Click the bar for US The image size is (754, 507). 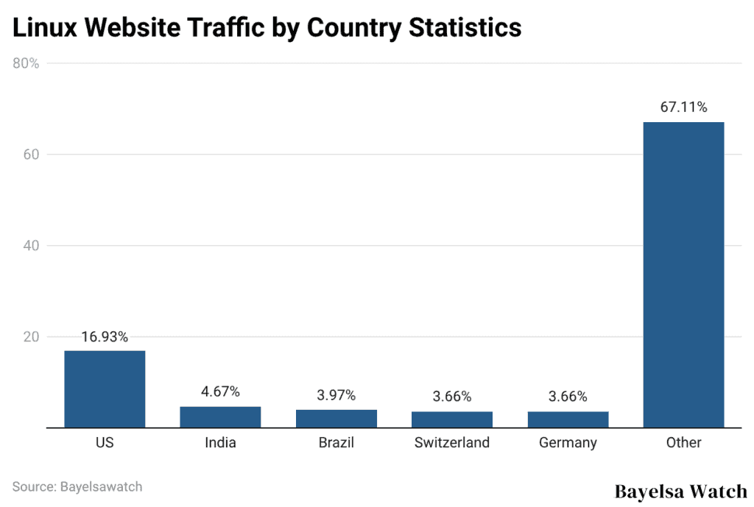pos(105,389)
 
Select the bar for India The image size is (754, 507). pos(220,416)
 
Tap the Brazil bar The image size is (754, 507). pos(336,418)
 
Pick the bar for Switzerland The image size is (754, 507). pos(451,419)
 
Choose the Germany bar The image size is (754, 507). pos(568,419)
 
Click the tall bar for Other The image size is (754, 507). pos(683,274)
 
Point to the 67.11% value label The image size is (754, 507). pos(683,107)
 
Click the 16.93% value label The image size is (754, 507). pos(105,337)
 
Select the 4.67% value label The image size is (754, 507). pos(220,392)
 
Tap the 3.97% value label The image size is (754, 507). pos(336,396)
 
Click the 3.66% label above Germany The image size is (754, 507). pos(568,397)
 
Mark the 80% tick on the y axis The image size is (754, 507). pos(26,63)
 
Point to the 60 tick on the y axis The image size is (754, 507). pos(30,155)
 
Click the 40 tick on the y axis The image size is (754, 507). pos(30,246)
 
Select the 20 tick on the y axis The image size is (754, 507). pos(30,337)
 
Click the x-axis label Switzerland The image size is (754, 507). pos(451,443)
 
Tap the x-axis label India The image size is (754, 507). pos(220,443)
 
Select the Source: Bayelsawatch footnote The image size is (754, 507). pos(77,486)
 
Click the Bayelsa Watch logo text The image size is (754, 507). pos(680,491)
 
